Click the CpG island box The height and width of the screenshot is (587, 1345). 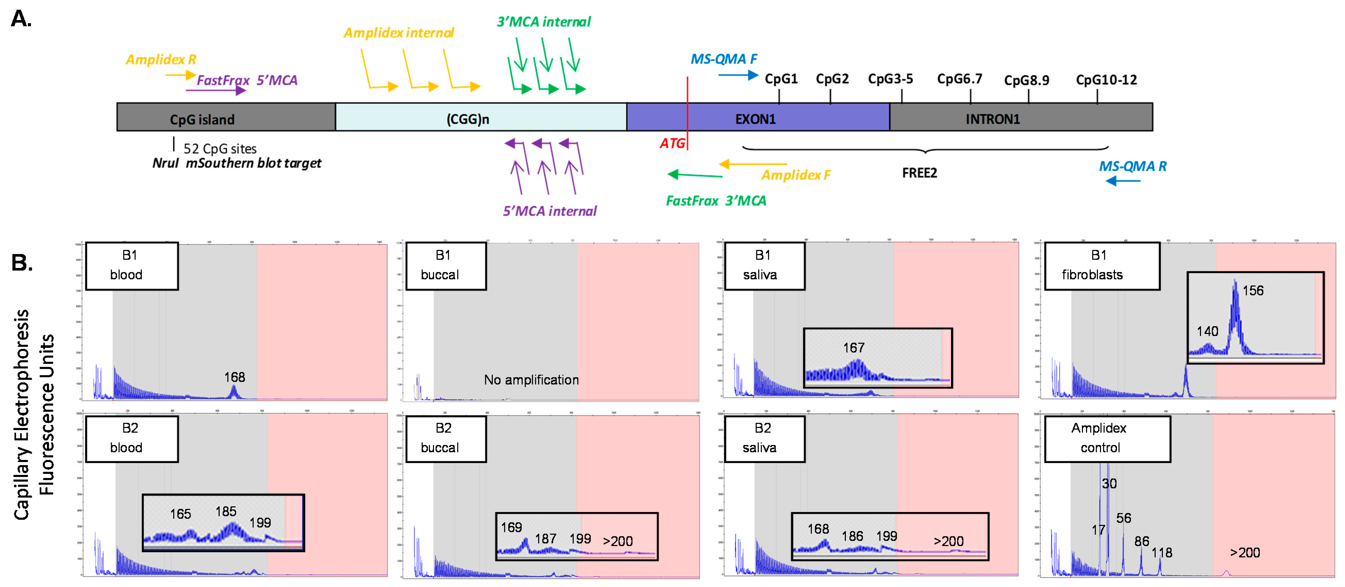[x=225, y=117]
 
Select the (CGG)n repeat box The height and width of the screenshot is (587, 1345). [x=480, y=117]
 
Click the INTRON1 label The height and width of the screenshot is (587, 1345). [x=992, y=119]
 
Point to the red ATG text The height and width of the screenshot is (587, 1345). [x=672, y=143]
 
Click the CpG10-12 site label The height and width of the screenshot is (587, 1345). [x=1106, y=80]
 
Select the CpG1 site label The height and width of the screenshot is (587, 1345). [x=781, y=79]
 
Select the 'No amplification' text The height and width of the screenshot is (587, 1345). [x=531, y=380]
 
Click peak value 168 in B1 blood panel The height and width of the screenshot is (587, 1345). [x=235, y=377]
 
